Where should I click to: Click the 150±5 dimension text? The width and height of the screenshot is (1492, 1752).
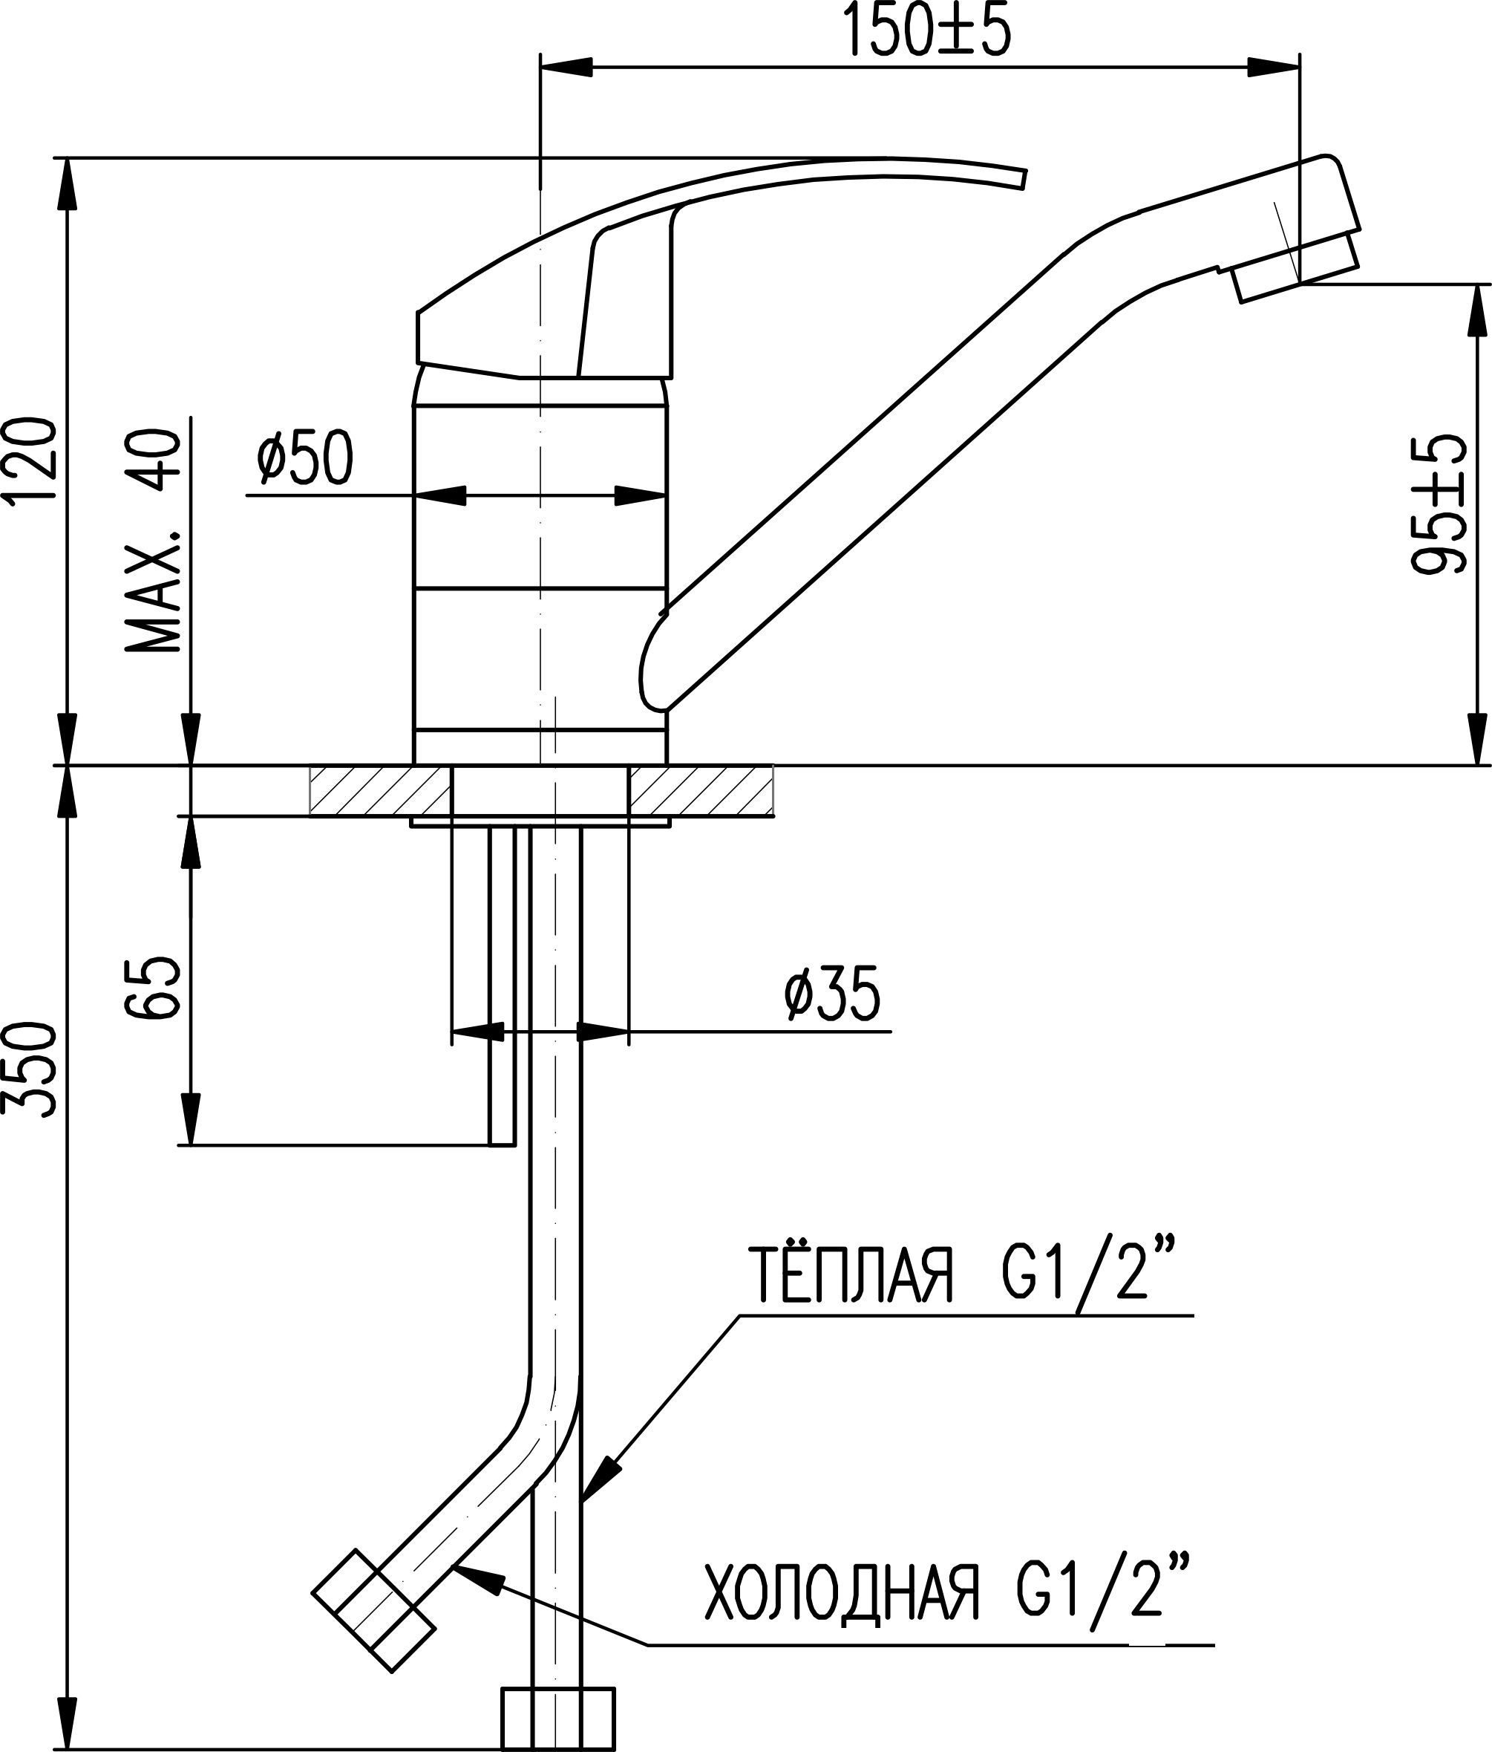[927, 32]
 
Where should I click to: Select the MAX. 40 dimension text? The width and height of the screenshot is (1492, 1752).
[153, 541]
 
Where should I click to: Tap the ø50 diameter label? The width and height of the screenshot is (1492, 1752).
[305, 459]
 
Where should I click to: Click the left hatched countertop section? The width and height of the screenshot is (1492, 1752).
[379, 791]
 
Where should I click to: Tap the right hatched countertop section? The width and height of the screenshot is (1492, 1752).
[701, 791]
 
